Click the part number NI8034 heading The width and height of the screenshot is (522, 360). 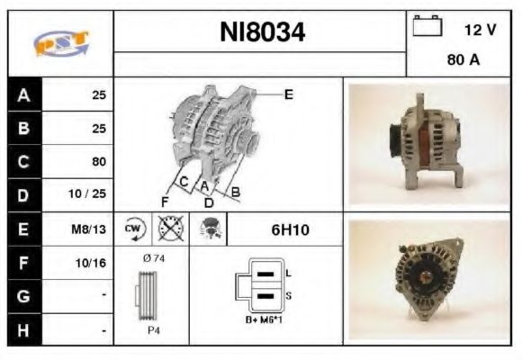point(262,33)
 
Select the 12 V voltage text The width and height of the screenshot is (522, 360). point(480,30)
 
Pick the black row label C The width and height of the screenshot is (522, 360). point(23,162)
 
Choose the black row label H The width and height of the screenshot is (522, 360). point(23,330)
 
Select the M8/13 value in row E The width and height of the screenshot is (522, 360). point(91,229)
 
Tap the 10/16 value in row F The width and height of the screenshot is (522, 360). point(93,263)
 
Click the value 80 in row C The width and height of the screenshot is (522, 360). point(99,162)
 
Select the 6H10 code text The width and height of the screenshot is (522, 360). point(290,229)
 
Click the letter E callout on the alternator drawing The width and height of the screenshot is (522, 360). point(288,94)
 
